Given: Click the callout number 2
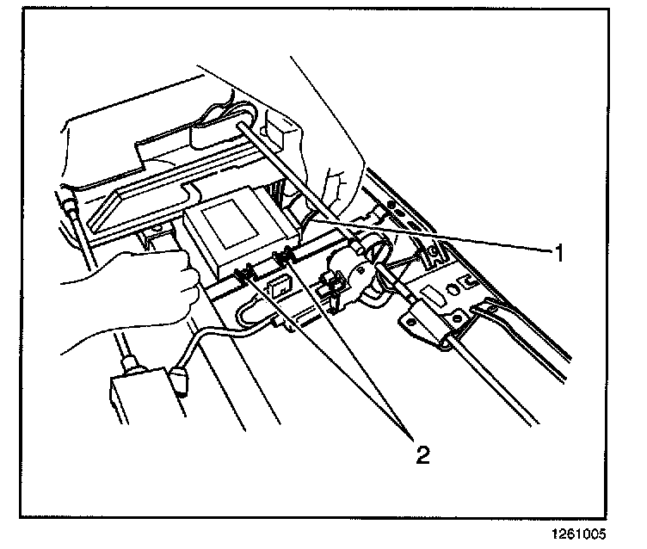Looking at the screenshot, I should click(422, 453).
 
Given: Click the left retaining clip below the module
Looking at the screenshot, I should click(243, 273).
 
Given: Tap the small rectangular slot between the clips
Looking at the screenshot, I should click(278, 286).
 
